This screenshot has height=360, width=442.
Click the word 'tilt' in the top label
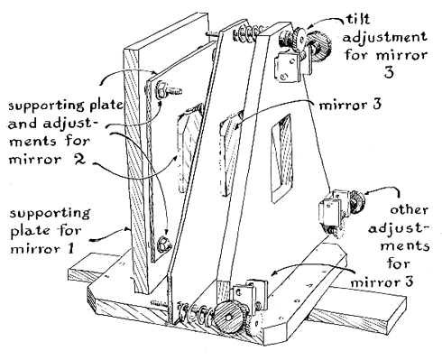(x=358, y=19)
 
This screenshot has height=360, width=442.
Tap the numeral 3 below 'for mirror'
(x=389, y=72)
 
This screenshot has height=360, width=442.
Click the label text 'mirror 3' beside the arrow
(x=350, y=105)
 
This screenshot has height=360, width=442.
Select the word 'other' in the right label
(x=410, y=209)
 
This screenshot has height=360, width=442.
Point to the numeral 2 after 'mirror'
(x=78, y=159)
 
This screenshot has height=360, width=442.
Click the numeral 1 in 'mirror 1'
(x=70, y=248)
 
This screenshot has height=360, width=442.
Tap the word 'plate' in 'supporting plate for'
(x=26, y=232)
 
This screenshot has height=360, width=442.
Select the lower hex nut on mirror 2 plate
(x=163, y=243)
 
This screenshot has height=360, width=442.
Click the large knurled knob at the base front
(x=228, y=318)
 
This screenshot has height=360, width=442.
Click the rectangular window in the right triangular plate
(x=282, y=158)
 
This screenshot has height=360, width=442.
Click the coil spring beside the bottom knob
(x=196, y=313)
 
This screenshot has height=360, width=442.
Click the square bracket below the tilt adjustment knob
(x=288, y=67)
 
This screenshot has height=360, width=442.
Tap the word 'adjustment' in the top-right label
(x=385, y=38)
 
